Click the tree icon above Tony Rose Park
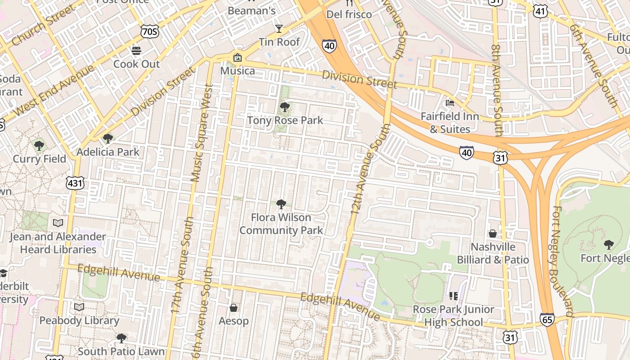[284, 107]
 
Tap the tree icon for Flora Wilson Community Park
[281, 204]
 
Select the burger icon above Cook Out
[136, 50]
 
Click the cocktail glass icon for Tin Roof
[279, 29]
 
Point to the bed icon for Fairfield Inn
[450, 103]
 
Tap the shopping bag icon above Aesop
[234, 308]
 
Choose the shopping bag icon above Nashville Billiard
[493, 234]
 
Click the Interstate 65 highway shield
[547, 319]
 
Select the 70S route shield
[149, 31]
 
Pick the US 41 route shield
[540, 11]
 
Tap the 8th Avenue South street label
[496, 90]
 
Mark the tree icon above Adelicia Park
[108, 138]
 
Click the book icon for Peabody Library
[79, 307]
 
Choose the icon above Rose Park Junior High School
[453, 296]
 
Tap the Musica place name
[237, 71]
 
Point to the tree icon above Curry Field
[39, 145]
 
